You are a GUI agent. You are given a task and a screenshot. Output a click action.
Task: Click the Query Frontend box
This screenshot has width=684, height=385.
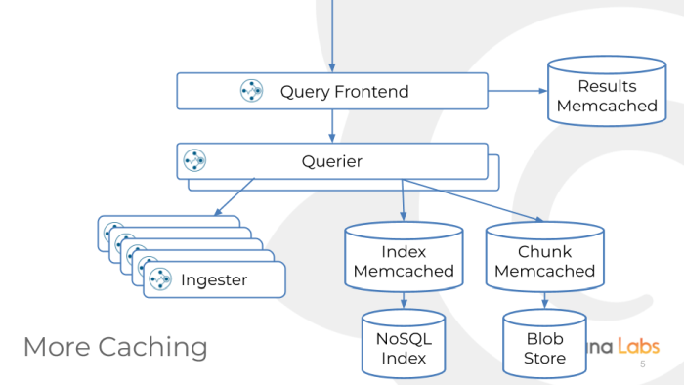331,92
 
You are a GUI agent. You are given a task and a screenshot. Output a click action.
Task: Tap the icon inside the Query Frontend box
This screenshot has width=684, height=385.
252,92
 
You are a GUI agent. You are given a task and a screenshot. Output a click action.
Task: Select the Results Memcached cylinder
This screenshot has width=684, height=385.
607,91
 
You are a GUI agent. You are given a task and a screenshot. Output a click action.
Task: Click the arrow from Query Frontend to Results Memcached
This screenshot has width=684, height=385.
518,91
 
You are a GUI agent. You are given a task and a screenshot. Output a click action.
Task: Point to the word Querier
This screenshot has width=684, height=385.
331,161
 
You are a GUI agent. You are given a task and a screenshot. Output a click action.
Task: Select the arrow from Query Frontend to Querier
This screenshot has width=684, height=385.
332,126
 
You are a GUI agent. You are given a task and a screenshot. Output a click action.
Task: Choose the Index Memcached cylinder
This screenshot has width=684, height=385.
404,257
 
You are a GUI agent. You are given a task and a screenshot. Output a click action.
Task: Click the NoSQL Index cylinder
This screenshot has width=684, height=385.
404,344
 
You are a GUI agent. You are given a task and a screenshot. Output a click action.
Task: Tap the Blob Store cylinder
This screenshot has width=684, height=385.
544,344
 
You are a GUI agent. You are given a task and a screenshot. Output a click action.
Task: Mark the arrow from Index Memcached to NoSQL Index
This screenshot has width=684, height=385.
404,300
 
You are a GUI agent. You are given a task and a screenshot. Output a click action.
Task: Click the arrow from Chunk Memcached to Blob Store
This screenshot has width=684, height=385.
544,300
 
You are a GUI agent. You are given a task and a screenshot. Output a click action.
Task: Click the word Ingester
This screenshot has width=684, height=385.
214,280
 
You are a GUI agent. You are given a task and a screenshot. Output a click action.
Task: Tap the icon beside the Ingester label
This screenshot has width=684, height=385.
160,279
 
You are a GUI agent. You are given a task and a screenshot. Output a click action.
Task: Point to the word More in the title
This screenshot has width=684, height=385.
56,347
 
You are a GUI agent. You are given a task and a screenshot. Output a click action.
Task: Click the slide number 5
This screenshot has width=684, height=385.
642,364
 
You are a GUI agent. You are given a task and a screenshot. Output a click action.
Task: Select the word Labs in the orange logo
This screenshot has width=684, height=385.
639,346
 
